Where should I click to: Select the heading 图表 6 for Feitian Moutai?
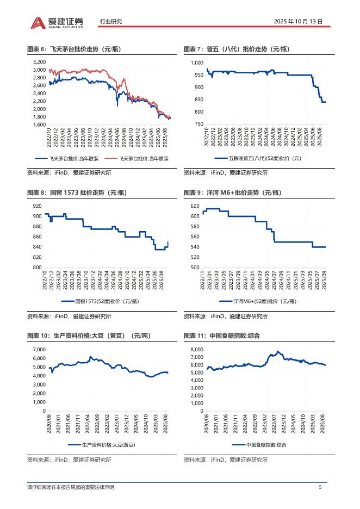click(x=73, y=49)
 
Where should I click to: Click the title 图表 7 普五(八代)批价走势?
click(x=236, y=49)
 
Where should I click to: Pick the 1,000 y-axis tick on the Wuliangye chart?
click(x=197, y=63)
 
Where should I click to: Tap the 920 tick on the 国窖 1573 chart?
click(x=38, y=206)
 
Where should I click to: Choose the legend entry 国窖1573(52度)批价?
click(x=104, y=301)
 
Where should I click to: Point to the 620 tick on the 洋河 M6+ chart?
click(x=195, y=206)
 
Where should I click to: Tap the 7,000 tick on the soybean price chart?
click(x=39, y=349)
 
